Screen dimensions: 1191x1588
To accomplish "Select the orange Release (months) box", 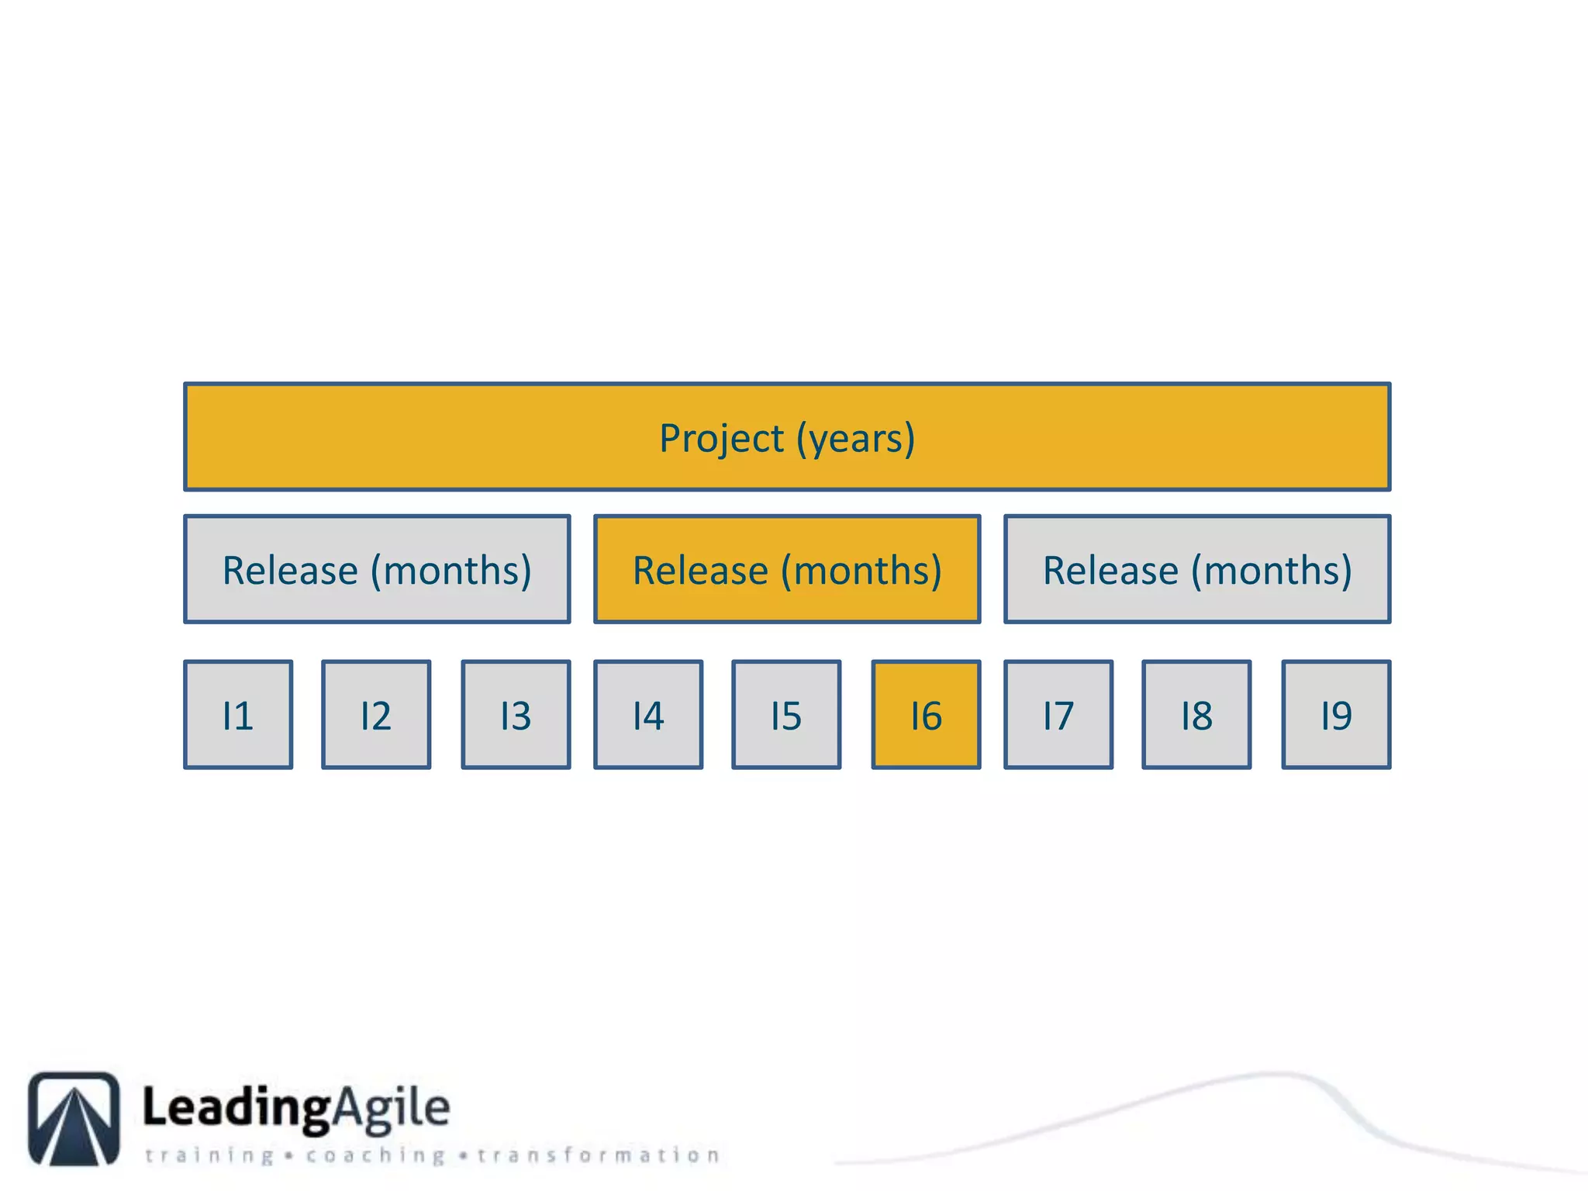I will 787,569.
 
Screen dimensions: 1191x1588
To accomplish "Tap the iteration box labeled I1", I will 238,715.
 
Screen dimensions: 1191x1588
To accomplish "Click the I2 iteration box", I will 376,715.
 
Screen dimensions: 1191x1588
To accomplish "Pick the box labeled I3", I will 516,715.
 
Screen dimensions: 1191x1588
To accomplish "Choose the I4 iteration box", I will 648,715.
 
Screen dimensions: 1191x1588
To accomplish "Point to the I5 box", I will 786,715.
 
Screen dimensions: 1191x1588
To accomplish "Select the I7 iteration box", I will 1058,715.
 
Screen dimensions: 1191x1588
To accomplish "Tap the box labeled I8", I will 1196,715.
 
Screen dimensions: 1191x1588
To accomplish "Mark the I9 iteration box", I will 1336,715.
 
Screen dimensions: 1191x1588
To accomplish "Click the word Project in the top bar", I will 721,439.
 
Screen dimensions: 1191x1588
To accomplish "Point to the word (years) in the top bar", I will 856,439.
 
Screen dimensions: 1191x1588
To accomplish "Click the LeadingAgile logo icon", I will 74,1118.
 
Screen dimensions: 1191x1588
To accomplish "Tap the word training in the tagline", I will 209,1155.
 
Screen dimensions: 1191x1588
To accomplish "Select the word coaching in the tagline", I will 375,1155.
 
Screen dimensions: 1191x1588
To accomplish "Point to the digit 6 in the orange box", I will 932,716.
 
